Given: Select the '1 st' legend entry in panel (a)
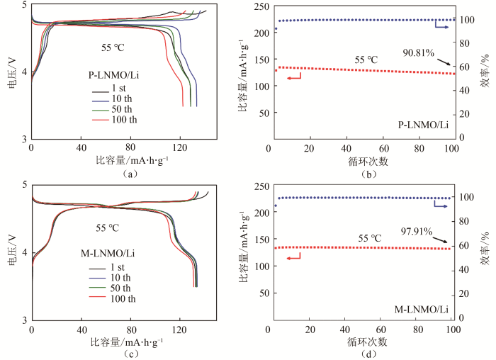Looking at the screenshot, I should pyautogui.click(x=121, y=88).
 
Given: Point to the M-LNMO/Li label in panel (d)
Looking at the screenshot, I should pyautogui.click(x=422, y=309).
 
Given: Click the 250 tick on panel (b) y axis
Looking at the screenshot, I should pyautogui.click(x=259, y=6).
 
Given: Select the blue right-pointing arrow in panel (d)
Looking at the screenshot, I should pyautogui.click(x=441, y=206).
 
